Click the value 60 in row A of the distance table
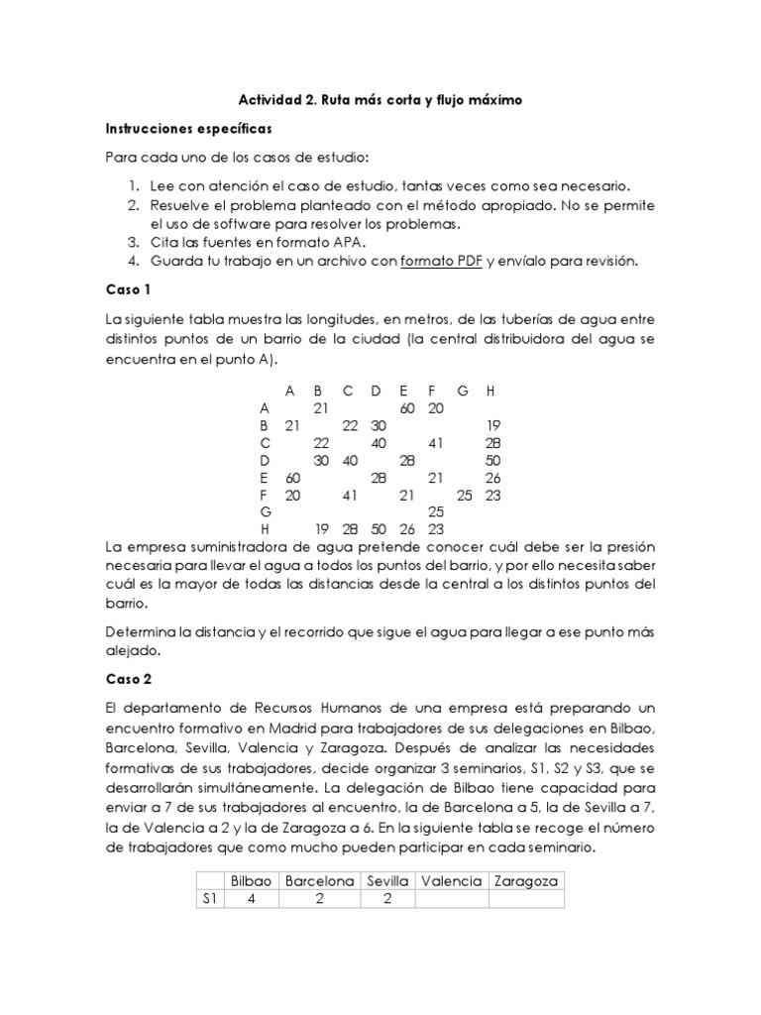(406, 407)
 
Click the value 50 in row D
(492, 460)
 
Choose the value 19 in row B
(492, 425)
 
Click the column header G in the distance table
(463, 390)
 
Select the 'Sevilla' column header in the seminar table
(387, 880)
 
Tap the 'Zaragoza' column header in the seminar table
(526, 880)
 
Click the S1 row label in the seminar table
(209, 899)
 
